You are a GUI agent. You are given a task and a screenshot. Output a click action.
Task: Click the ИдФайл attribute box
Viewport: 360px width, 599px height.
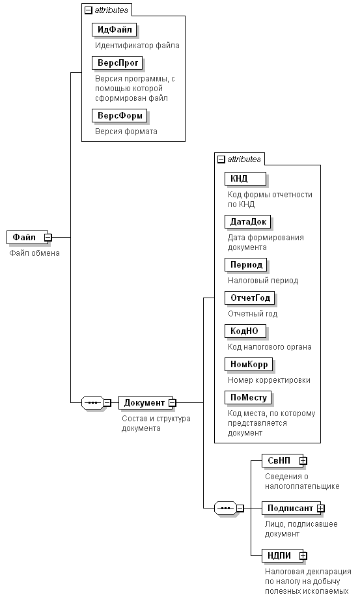click(114, 30)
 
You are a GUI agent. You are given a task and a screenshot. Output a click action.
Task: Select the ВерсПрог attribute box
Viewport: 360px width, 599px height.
click(117, 63)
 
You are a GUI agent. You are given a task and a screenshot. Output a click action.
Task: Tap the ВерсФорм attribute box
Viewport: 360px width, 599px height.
click(120, 116)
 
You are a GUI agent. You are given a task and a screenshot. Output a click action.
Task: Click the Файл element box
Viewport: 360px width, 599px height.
click(27, 237)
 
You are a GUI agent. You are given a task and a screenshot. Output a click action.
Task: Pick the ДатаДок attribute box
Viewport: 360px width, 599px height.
click(248, 222)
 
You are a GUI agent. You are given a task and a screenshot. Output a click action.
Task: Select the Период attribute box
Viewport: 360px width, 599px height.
click(246, 265)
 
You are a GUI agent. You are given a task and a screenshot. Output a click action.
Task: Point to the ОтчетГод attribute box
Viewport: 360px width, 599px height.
click(250, 298)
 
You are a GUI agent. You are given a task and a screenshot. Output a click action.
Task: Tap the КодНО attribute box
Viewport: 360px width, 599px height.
click(245, 331)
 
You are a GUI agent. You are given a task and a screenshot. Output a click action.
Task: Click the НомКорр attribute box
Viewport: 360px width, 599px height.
click(249, 365)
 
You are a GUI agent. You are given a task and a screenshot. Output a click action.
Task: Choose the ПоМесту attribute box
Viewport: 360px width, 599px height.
click(248, 398)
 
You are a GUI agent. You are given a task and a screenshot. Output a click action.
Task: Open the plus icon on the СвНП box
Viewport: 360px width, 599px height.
click(303, 461)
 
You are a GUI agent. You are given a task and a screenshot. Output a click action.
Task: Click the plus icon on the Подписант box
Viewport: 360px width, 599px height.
click(321, 508)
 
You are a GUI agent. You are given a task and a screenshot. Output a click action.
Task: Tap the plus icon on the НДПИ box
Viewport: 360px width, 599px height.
click(303, 555)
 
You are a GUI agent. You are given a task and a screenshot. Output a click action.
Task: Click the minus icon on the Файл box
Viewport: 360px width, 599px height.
click(48, 237)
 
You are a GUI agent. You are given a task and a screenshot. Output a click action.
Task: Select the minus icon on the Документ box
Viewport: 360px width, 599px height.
click(173, 402)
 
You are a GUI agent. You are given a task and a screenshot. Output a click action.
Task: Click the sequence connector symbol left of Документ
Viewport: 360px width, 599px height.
click(93, 402)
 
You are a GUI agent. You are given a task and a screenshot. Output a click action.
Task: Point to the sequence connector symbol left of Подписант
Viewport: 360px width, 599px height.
click(225, 508)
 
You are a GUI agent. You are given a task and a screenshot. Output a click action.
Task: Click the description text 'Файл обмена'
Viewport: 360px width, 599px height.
click(35, 253)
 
